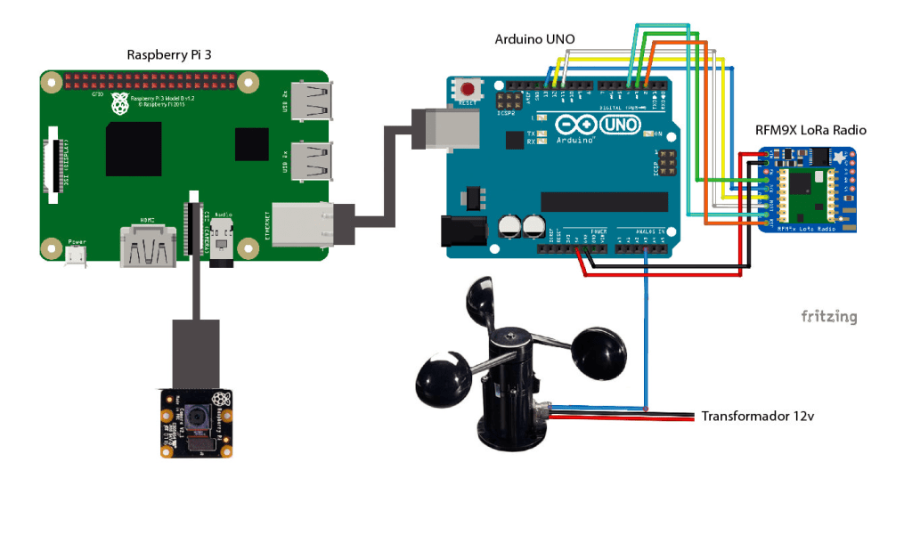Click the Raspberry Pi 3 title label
pyautogui.click(x=169, y=54)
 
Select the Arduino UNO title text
pyautogui.click(x=534, y=39)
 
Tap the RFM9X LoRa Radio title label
pyautogui.click(x=810, y=130)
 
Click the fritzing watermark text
pyautogui.click(x=828, y=316)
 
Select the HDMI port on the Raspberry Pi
pyautogui.click(x=147, y=245)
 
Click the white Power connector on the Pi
pyautogui.click(x=77, y=255)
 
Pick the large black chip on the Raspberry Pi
pyautogui.click(x=133, y=150)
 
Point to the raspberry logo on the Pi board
pyautogui.click(x=119, y=106)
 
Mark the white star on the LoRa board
pyautogui.click(x=839, y=158)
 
